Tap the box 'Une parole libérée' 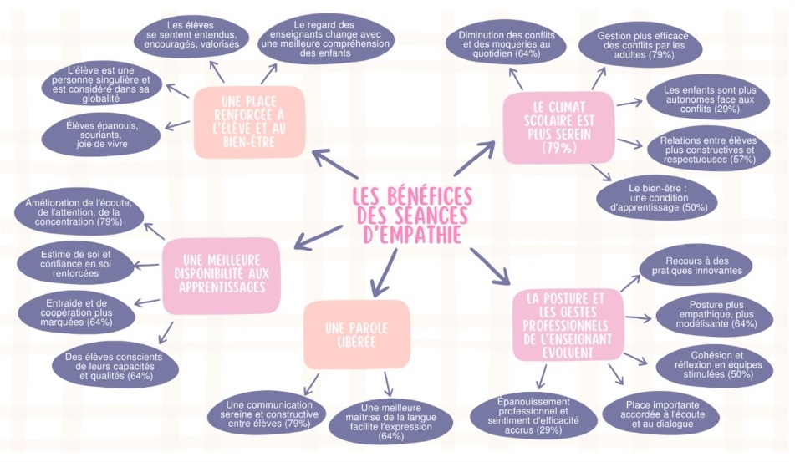(355, 333)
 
